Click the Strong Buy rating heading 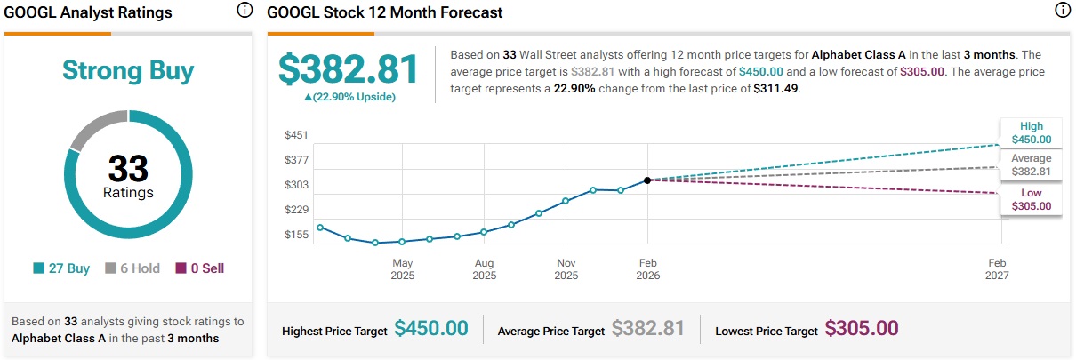point(128,70)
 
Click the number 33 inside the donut point(128,169)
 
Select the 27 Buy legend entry point(61,268)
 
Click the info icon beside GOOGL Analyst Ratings point(245,12)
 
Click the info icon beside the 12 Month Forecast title point(1062,12)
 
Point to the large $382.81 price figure point(349,70)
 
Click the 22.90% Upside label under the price point(349,97)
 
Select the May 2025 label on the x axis point(403,269)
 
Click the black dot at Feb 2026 point(648,180)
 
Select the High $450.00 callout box point(1031,132)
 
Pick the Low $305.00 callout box point(1031,199)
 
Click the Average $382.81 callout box point(1031,165)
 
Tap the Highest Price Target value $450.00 point(431,328)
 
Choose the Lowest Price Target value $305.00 point(862,328)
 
